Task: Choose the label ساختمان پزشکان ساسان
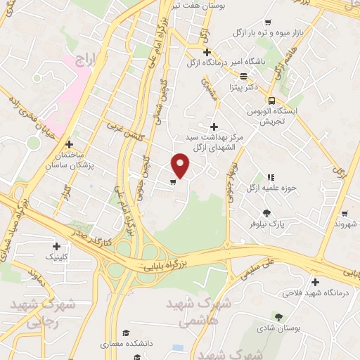click(x=79, y=158)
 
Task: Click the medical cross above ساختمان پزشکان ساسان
click(x=69, y=143)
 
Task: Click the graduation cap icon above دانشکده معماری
click(x=126, y=333)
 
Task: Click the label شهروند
click(x=343, y=224)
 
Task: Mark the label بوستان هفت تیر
click(x=200, y=6)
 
